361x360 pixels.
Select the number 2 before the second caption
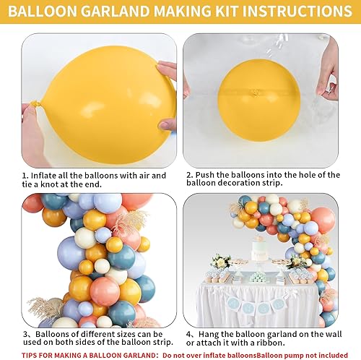(x=188, y=176)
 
